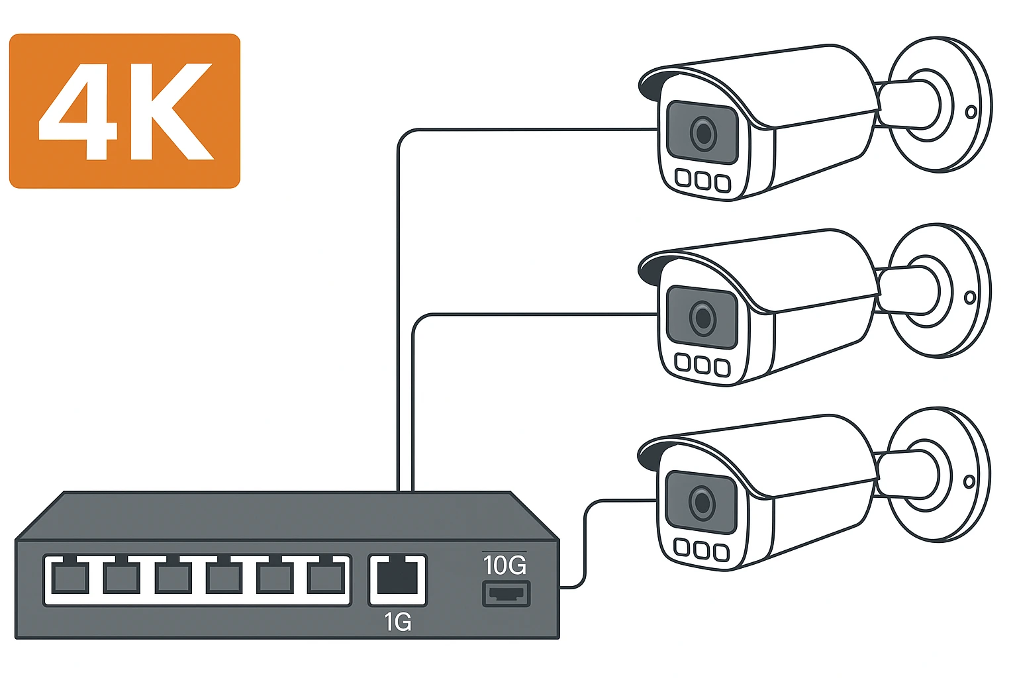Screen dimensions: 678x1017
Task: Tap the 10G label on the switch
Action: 505,565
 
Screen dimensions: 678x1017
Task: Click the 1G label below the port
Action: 397,622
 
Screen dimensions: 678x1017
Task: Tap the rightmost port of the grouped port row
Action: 326,578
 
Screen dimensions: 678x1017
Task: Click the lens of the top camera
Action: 703,134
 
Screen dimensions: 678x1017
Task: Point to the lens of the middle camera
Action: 703,318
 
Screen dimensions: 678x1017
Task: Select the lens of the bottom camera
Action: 702,503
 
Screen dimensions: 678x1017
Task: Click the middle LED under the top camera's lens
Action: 703,180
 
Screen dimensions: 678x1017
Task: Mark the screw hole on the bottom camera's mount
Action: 969,481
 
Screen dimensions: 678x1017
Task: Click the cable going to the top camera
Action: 530,129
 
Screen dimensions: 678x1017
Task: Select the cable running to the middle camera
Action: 530,315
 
